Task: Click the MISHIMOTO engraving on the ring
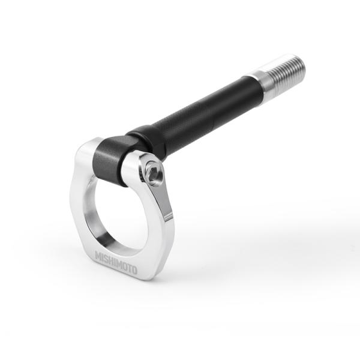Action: pos(115,263)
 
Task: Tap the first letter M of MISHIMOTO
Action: pos(98,256)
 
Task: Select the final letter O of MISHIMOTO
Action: pos(133,271)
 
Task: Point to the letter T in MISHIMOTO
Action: pos(127,268)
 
